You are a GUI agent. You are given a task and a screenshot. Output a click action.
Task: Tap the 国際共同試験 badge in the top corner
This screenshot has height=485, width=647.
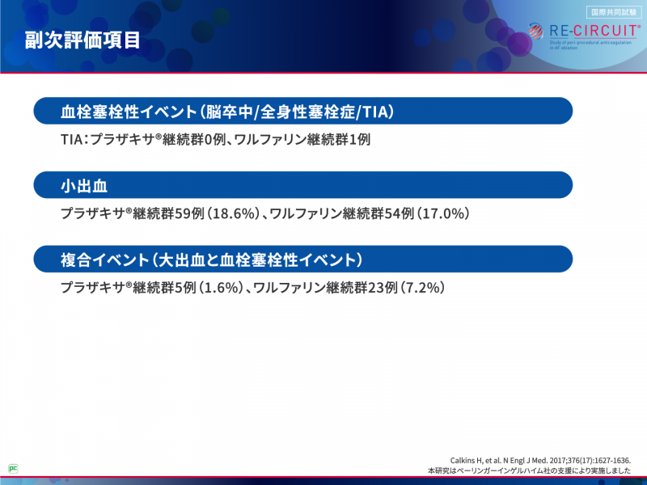(612, 11)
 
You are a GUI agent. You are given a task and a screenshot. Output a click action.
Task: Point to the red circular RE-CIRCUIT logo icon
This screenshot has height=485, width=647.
(537, 32)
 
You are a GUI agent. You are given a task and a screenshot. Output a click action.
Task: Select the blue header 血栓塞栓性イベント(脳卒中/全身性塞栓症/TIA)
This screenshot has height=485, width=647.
(232, 111)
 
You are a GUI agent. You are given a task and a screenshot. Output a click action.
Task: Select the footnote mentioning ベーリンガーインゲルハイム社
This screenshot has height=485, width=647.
(530, 470)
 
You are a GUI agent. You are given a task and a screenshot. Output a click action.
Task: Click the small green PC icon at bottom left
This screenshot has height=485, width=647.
(13, 467)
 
